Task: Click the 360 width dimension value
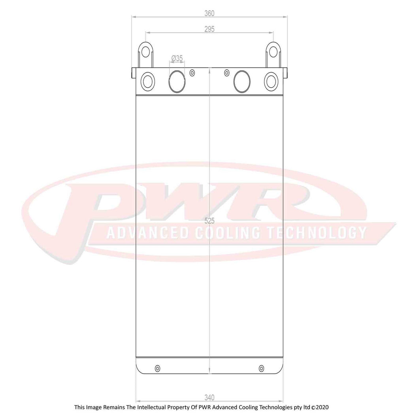[209, 13]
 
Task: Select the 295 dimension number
[209, 29]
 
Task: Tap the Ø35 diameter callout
[177, 58]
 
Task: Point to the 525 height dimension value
[209, 221]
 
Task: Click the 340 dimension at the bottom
[209, 397]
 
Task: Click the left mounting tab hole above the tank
[145, 52]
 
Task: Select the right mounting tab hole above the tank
[273, 52]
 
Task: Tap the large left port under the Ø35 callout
[177, 81]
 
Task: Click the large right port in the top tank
[242, 81]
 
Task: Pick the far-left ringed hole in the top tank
[147, 81]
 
